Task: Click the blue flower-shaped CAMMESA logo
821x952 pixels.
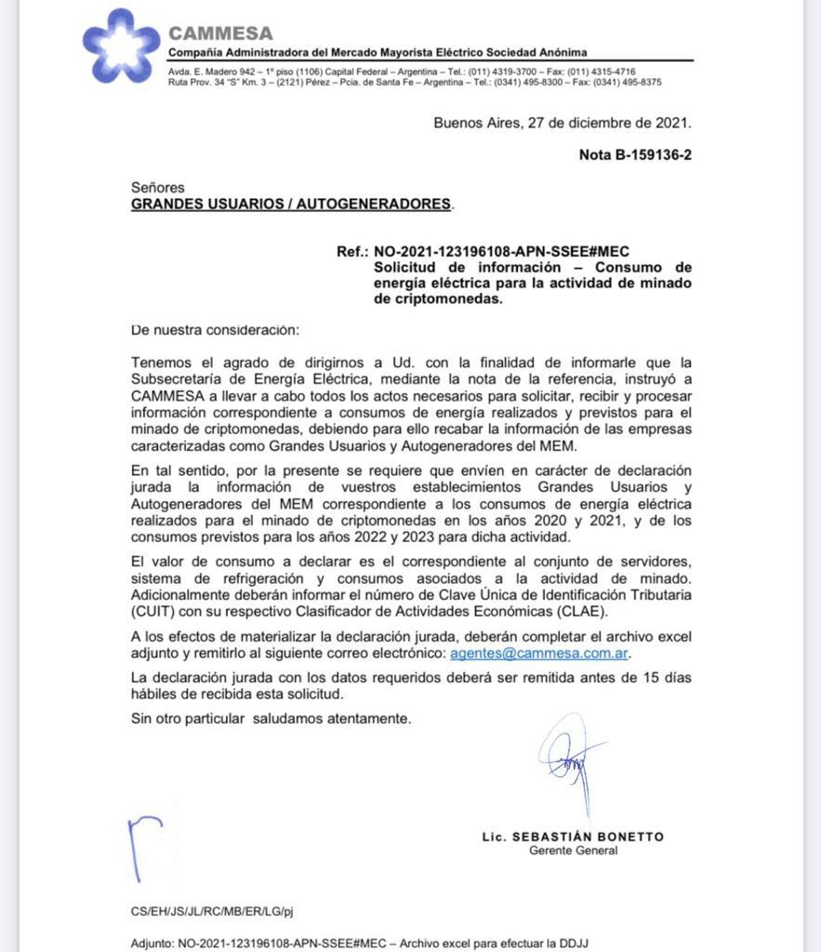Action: pyautogui.click(x=121, y=46)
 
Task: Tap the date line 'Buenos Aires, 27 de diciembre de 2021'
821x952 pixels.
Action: pyautogui.click(x=563, y=122)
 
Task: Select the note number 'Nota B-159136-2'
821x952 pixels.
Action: pyautogui.click(x=635, y=155)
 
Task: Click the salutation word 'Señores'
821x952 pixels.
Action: pyautogui.click(x=158, y=188)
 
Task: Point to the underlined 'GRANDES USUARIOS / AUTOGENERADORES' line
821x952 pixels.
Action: pyautogui.click(x=291, y=204)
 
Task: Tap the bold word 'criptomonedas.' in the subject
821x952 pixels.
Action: pyautogui.click(x=438, y=299)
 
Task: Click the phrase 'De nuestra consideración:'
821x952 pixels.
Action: pyautogui.click(x=215, y=330)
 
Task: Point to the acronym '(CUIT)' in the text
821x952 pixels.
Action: pyautogui.click(x=153, y=610)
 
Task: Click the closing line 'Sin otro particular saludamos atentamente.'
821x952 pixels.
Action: pyautogui.click(x=271, y=719)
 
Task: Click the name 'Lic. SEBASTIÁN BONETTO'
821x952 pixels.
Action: pyautogui.click(x=573, y=837)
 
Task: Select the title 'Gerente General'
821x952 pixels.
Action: pyautogui.click(x=573, y=851)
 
